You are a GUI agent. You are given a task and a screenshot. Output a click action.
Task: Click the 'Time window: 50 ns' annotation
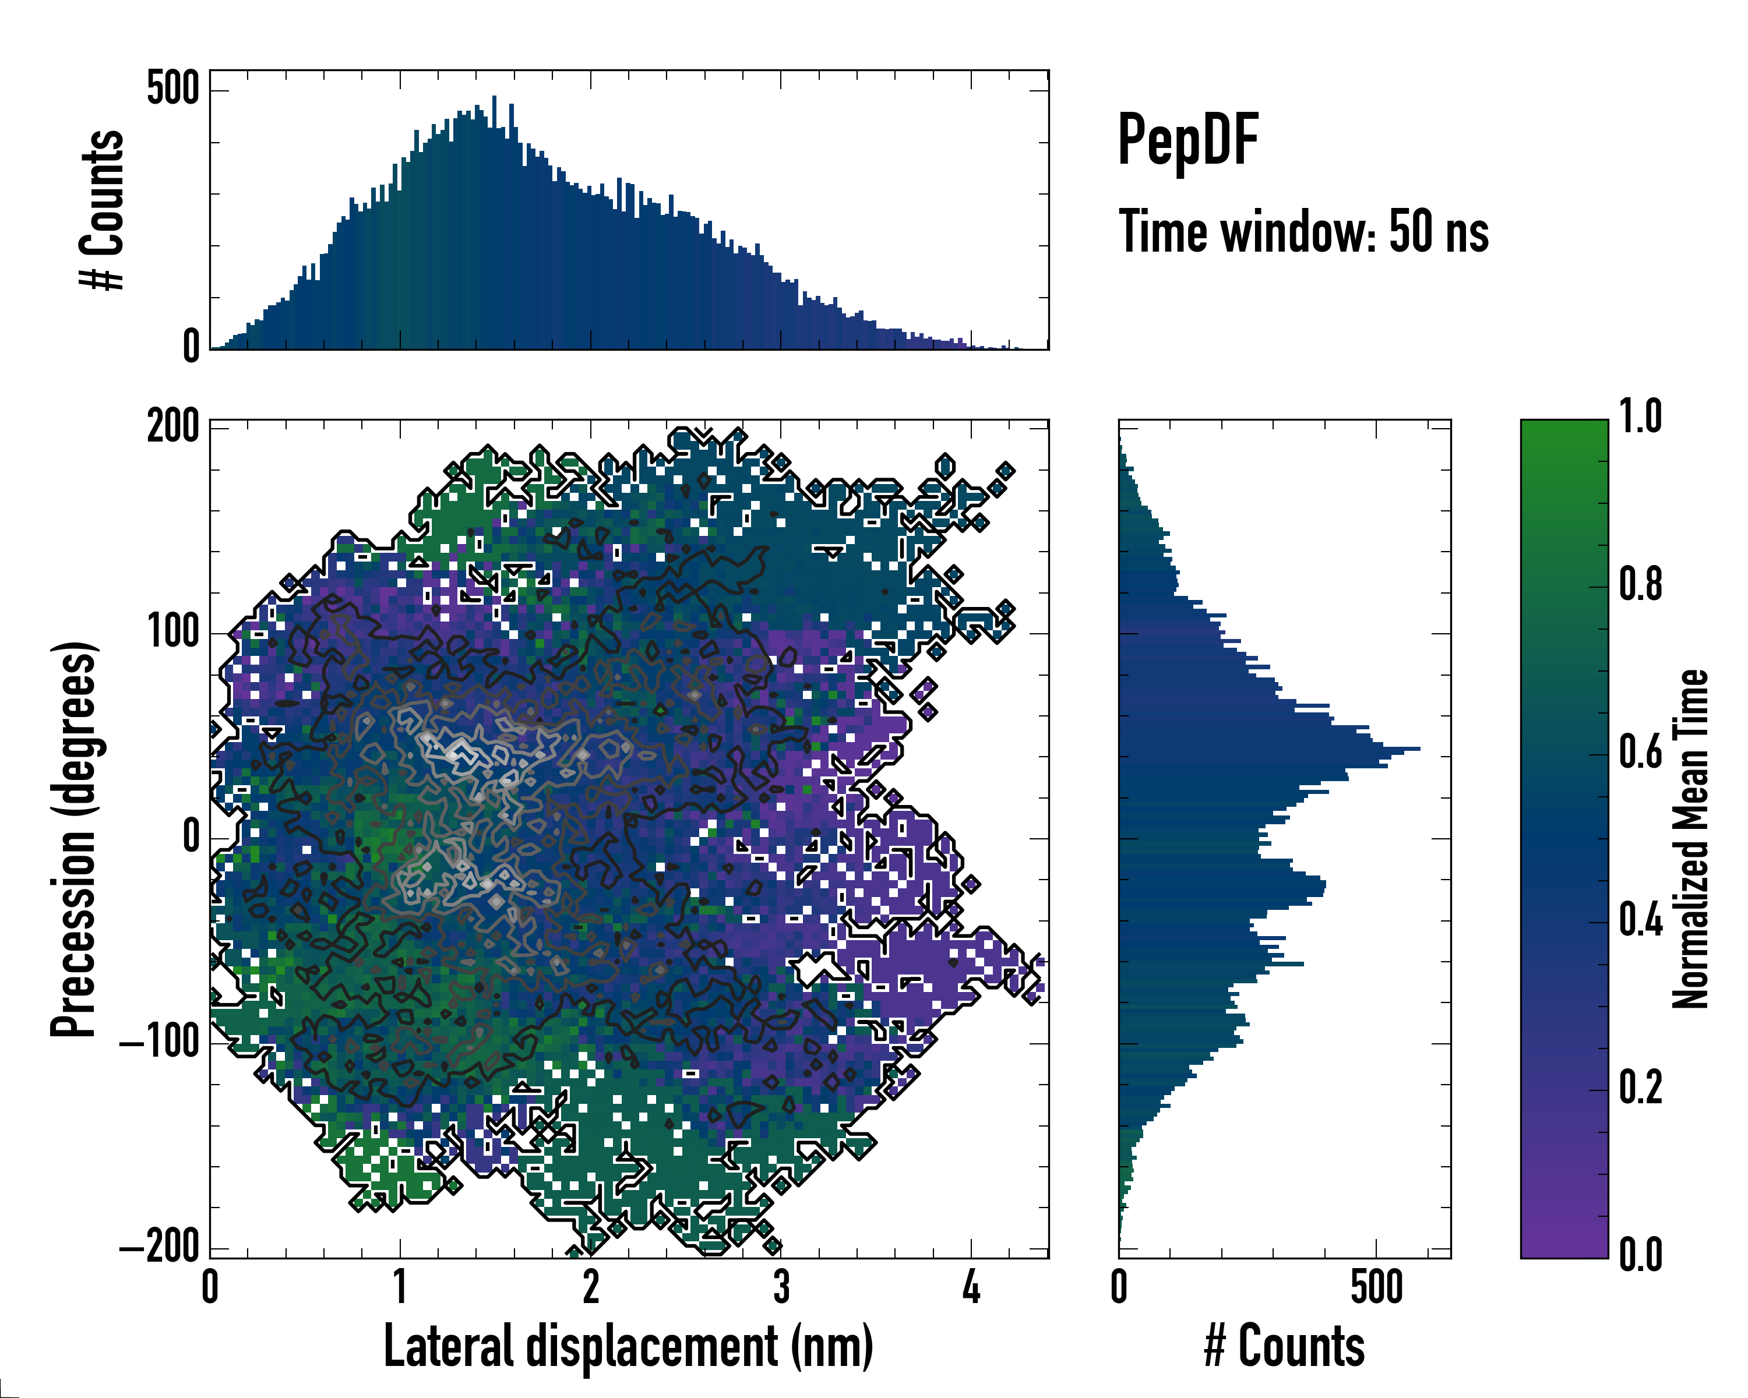[1303, 232]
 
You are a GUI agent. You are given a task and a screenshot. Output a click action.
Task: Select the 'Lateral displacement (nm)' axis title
[628, 1346]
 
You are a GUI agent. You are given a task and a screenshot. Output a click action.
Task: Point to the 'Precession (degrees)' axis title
[75, 839]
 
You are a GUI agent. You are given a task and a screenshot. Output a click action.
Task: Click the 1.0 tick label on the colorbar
[1640, 418]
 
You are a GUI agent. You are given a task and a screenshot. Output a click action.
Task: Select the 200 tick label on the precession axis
[172, 426]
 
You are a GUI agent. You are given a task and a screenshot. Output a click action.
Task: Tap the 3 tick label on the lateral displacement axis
[781, 1287]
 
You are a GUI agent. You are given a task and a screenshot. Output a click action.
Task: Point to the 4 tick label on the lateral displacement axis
[971, 1287]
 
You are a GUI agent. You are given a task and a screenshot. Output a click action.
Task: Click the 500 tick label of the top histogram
[172, 89]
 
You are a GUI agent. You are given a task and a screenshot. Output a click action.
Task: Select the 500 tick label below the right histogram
[1376, 1287]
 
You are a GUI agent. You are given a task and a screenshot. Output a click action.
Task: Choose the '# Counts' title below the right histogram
[1284, 1346]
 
